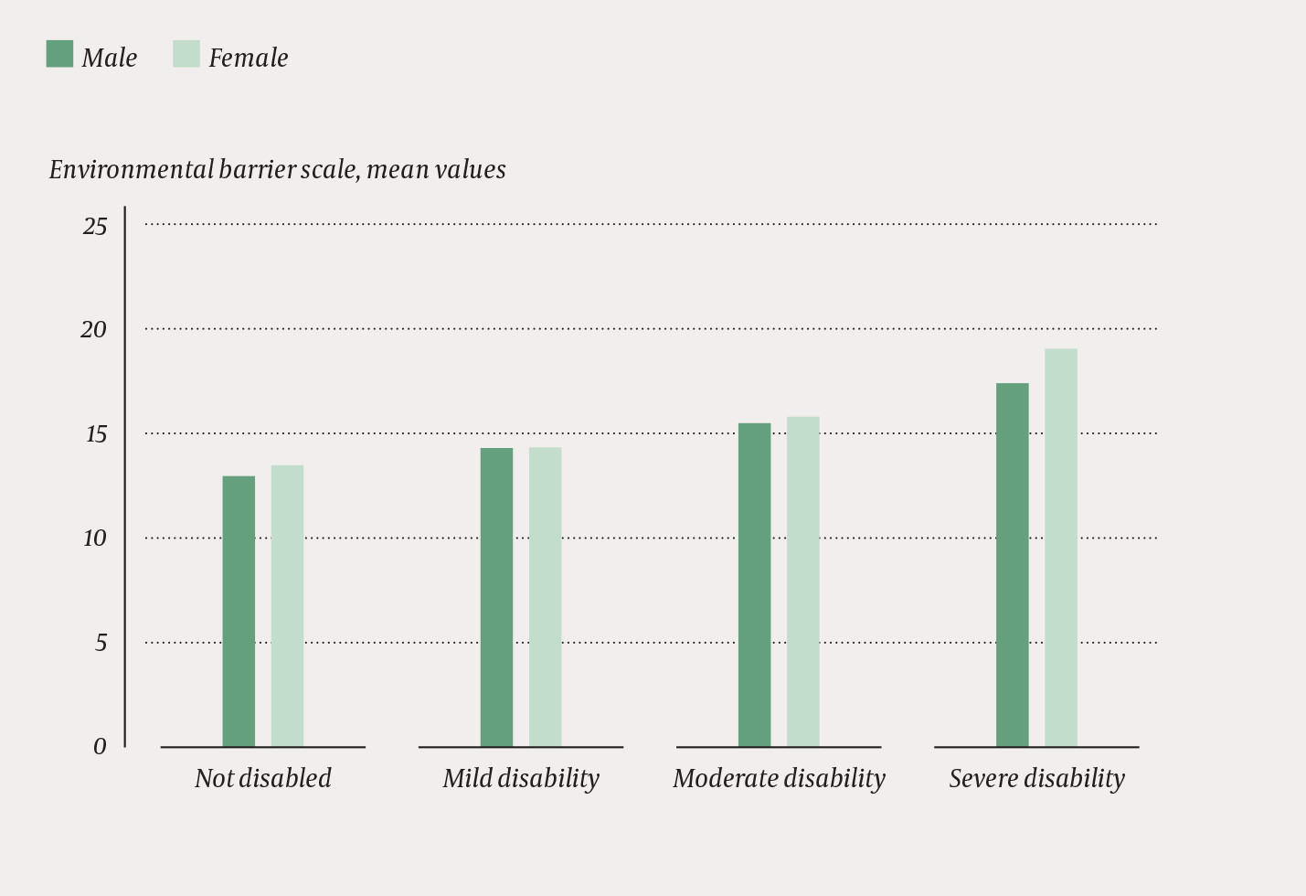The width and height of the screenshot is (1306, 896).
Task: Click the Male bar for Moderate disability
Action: tap(754, 584)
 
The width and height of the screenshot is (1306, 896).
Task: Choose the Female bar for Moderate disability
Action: tap(802, 581)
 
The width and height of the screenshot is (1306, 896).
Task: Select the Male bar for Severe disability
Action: tap(1012, 564)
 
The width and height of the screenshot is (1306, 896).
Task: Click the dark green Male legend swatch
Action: tap(59, 54)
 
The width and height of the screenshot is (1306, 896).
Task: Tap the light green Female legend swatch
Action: tap(186, 54)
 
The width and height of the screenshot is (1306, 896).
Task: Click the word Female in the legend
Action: tap(248, 58)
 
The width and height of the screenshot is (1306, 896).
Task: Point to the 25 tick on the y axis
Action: tap(95, 226)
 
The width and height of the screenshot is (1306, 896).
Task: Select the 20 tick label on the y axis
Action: tap(94, 330)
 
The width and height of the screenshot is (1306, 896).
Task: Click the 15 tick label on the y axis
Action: tap(96, 434)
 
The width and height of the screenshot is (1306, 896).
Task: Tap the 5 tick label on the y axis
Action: tap(101, 644)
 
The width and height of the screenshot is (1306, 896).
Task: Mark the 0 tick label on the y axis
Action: tap(100, 747)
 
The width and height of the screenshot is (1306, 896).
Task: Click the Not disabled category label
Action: tap(262, 778)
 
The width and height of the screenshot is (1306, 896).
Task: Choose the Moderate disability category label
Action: tap(779, 778)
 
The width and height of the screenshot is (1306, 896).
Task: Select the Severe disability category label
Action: tap(1036, 778)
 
